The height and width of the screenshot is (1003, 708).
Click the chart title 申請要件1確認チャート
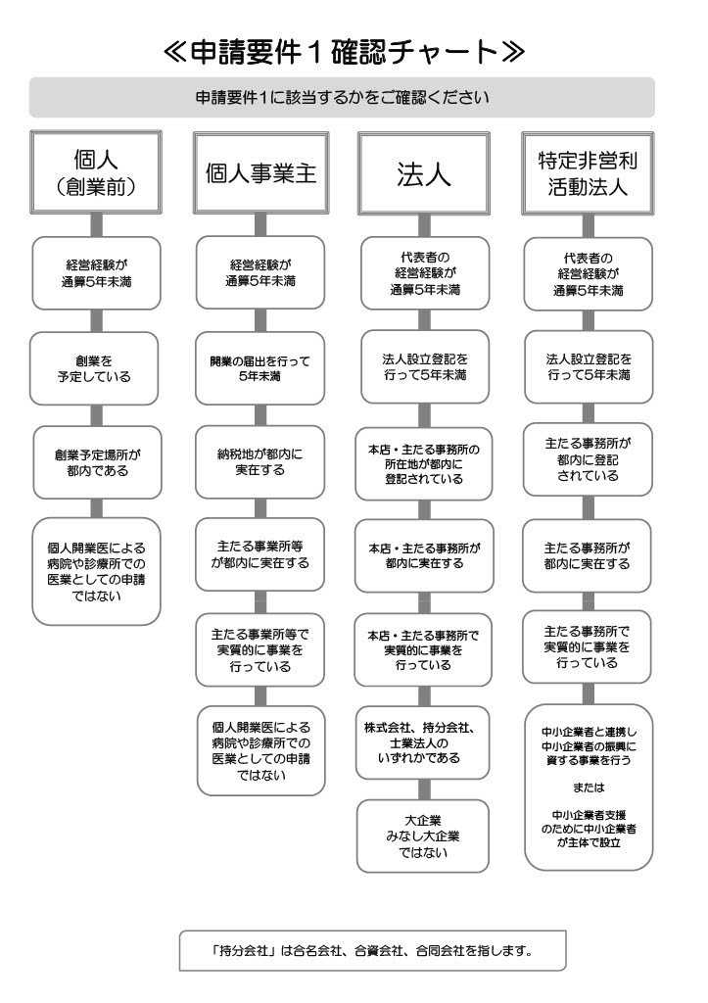pos(344,52)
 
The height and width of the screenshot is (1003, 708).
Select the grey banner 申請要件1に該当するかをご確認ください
pos(342,97)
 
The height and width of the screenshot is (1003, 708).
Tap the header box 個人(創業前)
pos(96,172)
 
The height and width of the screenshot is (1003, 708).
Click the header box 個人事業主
pos(260,172)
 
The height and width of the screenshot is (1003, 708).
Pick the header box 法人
pos(423,172)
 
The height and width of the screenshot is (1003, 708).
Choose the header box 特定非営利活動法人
pos(588,172)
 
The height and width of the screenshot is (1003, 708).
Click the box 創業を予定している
pos(94,368)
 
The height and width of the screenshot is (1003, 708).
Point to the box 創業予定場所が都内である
pos(97,462)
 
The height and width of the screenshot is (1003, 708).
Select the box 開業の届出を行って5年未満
pos(260,368)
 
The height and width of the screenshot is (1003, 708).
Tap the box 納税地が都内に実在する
pos(260,462)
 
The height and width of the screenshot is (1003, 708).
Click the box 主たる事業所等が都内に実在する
pos(260,554)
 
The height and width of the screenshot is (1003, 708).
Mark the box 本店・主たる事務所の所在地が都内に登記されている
pos(423,463)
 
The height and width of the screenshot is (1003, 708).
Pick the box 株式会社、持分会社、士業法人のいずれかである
pos(422,742)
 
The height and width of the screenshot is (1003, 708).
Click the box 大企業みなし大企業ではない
pos(423,836)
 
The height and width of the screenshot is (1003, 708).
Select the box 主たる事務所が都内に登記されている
pos(588,459)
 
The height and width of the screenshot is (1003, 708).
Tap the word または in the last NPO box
pos(589,788)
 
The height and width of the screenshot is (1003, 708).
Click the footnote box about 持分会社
pos(373,950)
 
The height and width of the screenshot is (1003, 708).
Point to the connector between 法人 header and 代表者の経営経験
pos(424,225)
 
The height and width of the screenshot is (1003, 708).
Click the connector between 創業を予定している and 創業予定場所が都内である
pos(96,415)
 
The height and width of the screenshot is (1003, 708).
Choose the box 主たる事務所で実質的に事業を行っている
pos(587,646)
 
